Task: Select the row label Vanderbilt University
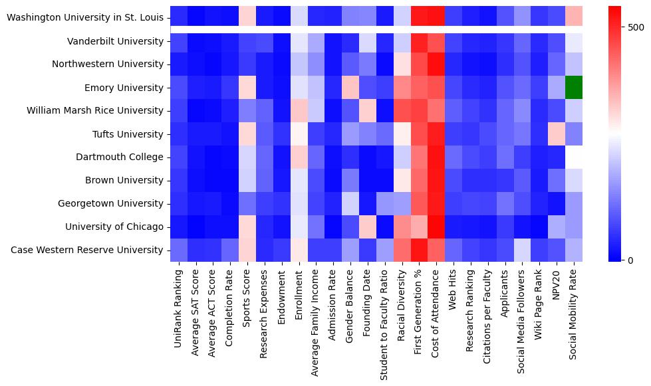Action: [x=116, y=41]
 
